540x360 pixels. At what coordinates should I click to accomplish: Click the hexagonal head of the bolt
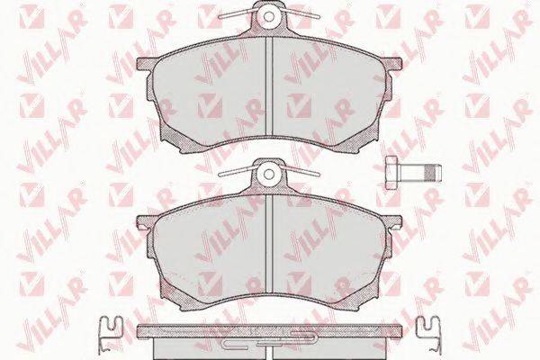[x=391, y=172]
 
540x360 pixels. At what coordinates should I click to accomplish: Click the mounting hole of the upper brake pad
[x=269, y=16]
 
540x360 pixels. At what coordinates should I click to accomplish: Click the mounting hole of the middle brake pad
[x=269, y=175]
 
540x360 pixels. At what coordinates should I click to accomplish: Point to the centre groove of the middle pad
[x=269, y=247]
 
